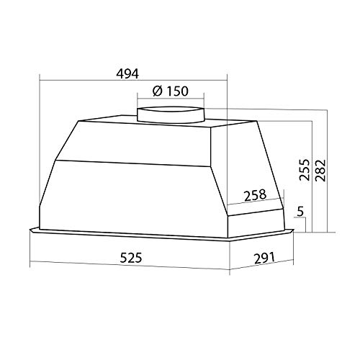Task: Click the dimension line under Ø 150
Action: point(171,99)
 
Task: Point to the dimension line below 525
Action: point(130,264)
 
